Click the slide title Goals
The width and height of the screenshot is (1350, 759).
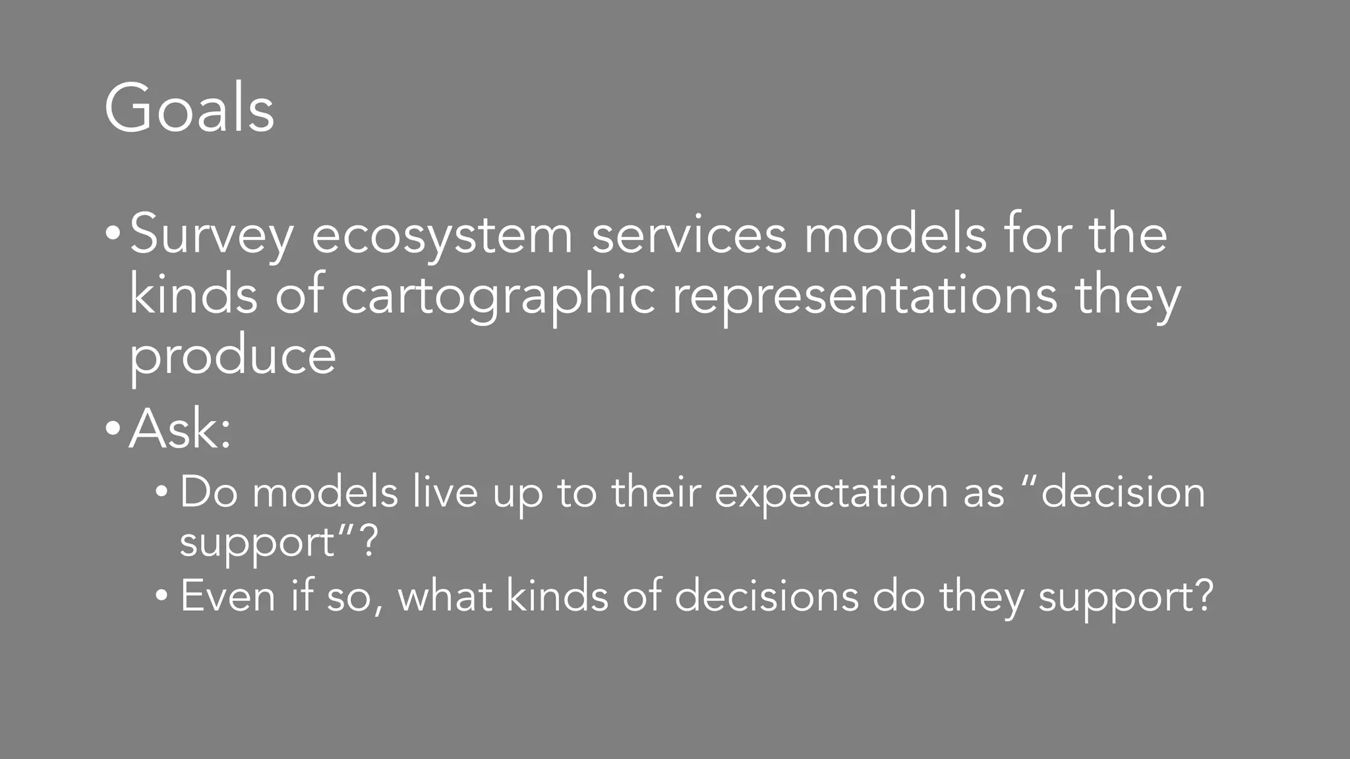click(189, 108)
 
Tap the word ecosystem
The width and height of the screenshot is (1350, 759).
click(442, 236)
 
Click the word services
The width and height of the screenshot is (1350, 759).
click(689, 235)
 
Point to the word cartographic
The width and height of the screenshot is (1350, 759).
click(498, 297)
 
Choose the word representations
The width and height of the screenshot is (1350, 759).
click(864, 297)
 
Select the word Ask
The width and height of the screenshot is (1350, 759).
click(175, 430)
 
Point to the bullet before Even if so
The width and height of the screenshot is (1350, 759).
click(161, 596)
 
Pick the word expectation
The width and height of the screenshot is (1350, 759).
click(831, 493)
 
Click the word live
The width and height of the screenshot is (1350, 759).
click(445, 492)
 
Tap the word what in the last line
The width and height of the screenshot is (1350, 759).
click(445, 596)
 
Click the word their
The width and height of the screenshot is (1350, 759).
click(655, 492)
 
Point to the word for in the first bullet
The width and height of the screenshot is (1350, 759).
click(1038, 235)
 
